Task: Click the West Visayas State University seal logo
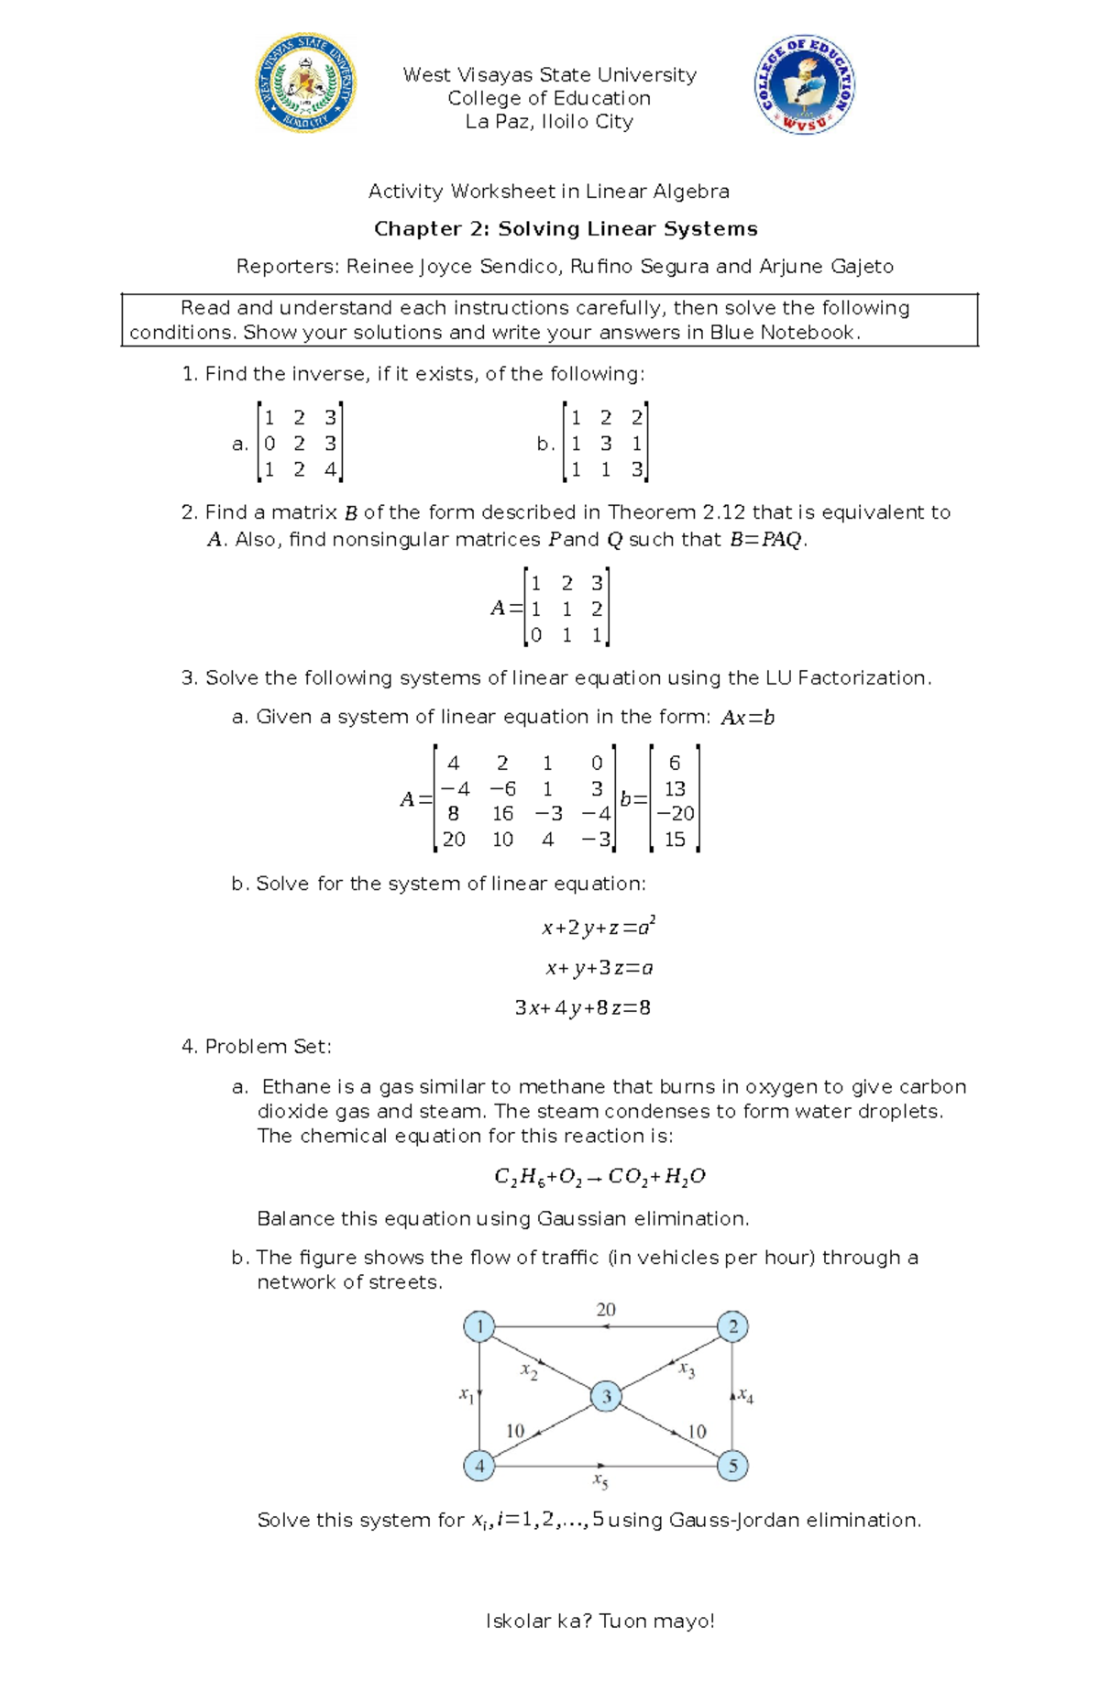pyautogui.click(x=305, y=83)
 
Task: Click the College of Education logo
pyautogui.click(x=804, y=85)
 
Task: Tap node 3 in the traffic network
pyautogui.click(x=606, y=1397)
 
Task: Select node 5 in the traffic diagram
pyautogui.click(x=732, y=1466)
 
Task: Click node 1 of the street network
pyautogui.click(x=479, y=1326)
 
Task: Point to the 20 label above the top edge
pyautogui.click(x=606, y=1310)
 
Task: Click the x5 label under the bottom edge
pyautogui.click(x=600, y=1480)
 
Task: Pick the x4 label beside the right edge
pyautogui.click(x=746, y=1397)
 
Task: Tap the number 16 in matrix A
pyautogui.click(x=502, y=814)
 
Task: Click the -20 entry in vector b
pyautogui.click(x=676, y=814)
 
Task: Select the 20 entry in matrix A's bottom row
pyautogui.click(x=454, y=840)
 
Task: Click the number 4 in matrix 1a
pyautogui.click(x=330, y=470)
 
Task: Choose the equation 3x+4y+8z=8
pyautogui.click(x=583, y=1008)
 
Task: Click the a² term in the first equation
pyautogui.click(x=646, y=927)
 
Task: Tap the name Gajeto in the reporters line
pyautogui.click(x=861, y=267)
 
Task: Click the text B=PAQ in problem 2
pyautogui.click(x=766, y=540)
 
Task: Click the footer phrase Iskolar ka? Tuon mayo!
pyautogui.click(x=599, y=1622)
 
